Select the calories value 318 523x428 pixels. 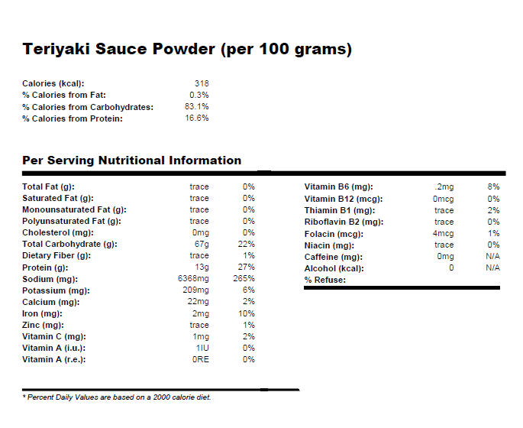pyautogui.click(x=202, y=83)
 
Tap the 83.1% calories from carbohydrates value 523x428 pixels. pyautogui.click(x=197, y=107)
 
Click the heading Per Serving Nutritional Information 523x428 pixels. pyautogui.click(x=132, y=160)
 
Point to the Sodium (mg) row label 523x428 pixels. pyautogui.click(x=50, y=279)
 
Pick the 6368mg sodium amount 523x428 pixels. pyautogui.click(x=193, y=279)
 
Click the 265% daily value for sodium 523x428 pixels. pyautogui.click(x=245, y=279)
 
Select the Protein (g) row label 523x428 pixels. pyautogui.click(x=45, y=267)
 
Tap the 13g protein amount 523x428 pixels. pyautogui.click(x=202, y=267)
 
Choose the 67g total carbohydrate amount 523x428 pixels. pyautogui.click(x=202, y=244)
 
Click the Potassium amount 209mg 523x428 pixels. pyautogui.click(x=195, y=290)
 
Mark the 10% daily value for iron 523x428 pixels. pyautogui.click(x=247, y=313)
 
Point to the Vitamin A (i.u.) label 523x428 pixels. pyautogui.click(x=53, y=348)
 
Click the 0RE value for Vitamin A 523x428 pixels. pyautogui.click(x=201, y=359)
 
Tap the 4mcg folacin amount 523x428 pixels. pyautogui.click(x=444, y=233)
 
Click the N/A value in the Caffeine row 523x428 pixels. pyautogui.click(x=492, y=257)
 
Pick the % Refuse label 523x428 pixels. pyautogui.click(x=325, y=280)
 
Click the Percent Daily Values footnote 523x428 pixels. pyautogui.click(x=116, y=397)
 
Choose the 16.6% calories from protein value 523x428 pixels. pyautogui.click(x=197, y=118)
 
